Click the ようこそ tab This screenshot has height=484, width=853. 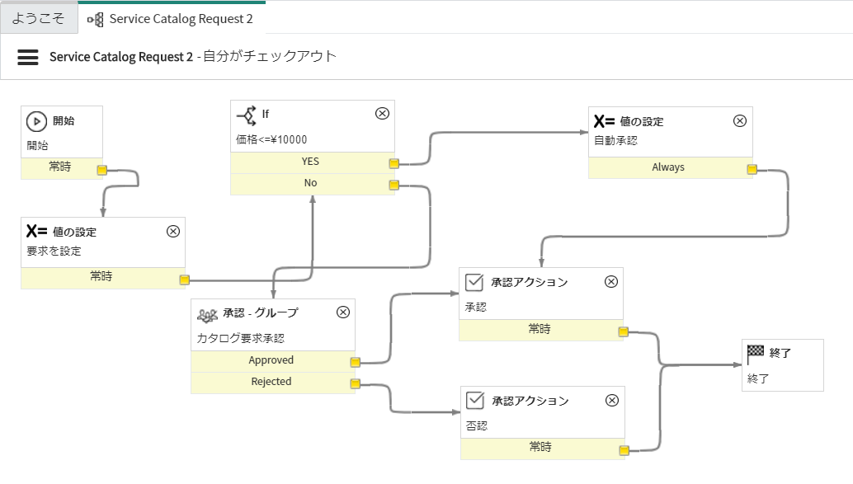tap(38, 18)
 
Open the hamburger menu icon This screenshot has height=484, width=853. tap(28, 57)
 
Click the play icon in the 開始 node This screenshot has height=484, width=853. tap(36, 121)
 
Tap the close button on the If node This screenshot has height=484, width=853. tap(382, 114)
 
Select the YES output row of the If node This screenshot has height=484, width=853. tap(310, 162)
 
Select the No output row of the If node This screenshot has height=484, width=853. tap(310, 184)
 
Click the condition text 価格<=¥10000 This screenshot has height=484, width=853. tap(271, 139)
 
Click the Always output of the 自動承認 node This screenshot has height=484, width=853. tap(667, 167)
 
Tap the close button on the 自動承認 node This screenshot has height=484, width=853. tap(740, 120)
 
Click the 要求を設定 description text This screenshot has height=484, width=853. tap(54, 251)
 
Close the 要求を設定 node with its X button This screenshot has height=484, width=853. tap(173, 232)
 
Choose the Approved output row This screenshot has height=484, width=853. tap(271, 361)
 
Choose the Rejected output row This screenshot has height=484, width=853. tap(271, 383)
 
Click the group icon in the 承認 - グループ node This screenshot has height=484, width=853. tap(207, 313)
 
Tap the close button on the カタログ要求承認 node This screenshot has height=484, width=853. tap(343, 312)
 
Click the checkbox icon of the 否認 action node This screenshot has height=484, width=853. tap(474, 401)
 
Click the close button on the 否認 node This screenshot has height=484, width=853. tap(611, 401)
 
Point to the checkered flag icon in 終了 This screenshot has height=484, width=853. tap(755, 353)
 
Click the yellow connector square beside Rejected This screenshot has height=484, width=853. tap(355, 383)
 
